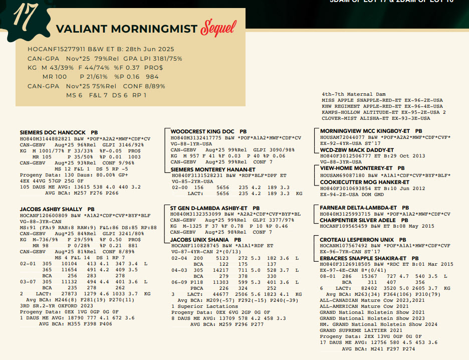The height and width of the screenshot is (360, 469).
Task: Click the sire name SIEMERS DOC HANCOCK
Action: tap(52, 132)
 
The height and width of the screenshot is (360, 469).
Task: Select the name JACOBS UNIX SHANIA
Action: tap(198, 240)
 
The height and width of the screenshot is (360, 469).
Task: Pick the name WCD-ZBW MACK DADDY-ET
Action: tap(357, 150)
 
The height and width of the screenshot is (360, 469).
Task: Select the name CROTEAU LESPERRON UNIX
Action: tap(357, 240)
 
